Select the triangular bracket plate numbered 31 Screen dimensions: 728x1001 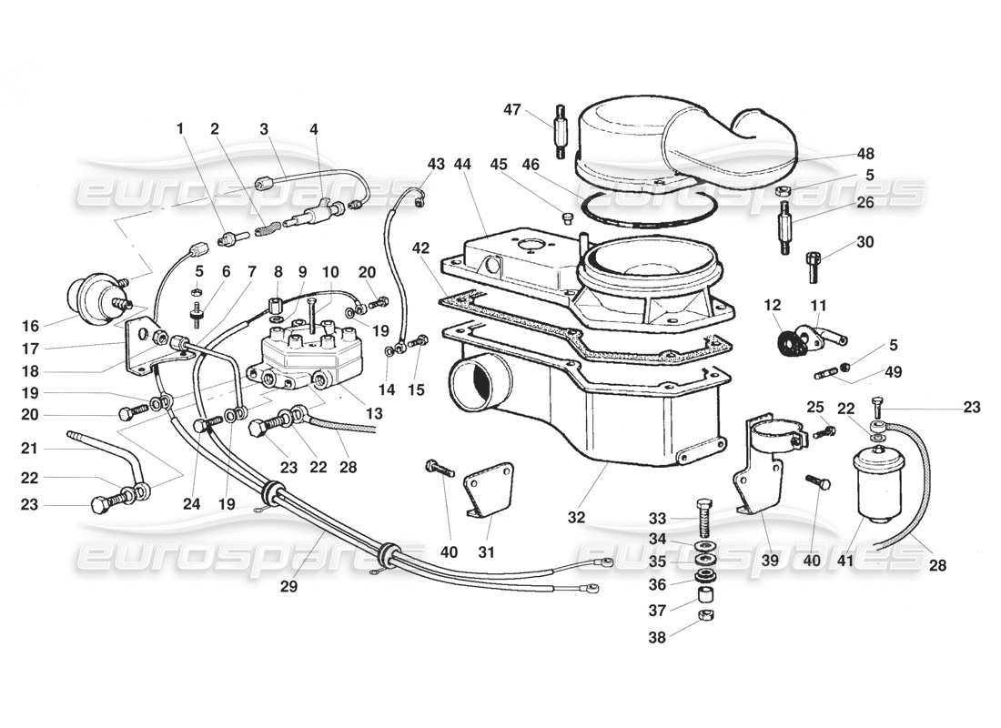pos(485,492)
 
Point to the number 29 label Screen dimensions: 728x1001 pos(288,587)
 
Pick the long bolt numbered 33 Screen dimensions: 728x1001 pos(705,520)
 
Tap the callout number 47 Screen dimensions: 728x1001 pos(512,109)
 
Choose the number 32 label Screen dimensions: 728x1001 pos(575,517)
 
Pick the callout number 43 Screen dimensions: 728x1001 pos(436,164)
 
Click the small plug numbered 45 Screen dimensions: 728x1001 pos(565,217)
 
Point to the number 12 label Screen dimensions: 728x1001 pos(773,304)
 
